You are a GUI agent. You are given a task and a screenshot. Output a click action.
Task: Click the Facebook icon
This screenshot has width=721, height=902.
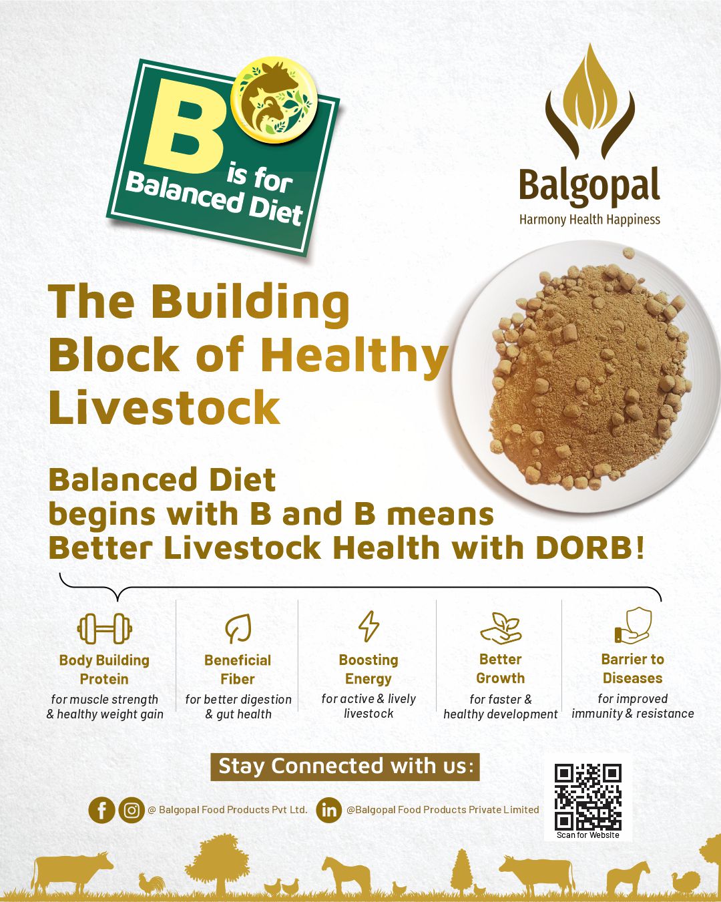click(101, 811)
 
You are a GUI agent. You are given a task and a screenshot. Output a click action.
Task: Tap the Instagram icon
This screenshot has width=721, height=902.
click(132, 811)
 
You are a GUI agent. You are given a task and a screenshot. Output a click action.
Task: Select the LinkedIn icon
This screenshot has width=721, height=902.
click(329, 811)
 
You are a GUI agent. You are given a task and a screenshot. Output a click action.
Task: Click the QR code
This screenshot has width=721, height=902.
click(587, 797)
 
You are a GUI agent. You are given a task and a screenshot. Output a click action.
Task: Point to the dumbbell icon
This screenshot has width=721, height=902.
click(105, 629)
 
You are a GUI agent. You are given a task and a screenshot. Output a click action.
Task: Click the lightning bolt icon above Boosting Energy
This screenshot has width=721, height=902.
click(369, 626)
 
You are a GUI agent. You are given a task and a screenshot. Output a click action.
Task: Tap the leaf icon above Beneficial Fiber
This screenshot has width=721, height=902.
click(238, 628)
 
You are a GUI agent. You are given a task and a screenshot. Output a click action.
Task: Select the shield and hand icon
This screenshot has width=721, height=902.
click(633, 626)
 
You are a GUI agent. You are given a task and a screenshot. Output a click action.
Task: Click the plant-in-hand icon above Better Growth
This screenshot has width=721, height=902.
click(501, 628)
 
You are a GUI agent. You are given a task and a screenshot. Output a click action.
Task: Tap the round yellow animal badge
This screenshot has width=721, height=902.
click(274, 99)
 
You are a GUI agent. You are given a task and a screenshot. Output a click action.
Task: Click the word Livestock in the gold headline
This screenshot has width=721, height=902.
click(164, 407)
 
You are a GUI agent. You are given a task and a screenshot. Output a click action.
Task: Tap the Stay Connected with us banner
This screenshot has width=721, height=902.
click(344, 766)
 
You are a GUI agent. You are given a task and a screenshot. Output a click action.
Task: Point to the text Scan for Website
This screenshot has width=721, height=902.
click(587, 835)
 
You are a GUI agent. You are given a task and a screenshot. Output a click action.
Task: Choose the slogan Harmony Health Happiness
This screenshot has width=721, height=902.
click(589, 220)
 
